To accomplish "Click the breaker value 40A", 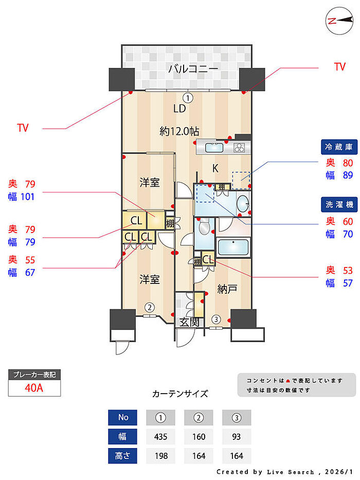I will pyautogui.click(x=34, y=388).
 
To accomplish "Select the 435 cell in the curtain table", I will pyautogui.click(x=160, y=437).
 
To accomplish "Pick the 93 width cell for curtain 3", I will pyautogui.click(x=236, y=437).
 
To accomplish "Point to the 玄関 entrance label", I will pyautogui.click(x=189, y=323).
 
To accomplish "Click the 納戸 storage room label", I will pyautogui.click(x=227, y=289).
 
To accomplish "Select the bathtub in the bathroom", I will pyautogui.click(x=233, y=247).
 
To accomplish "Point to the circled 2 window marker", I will pyautogui.click(x=149, y=308).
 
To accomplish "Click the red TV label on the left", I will pyautogui.click(x=23, y=128).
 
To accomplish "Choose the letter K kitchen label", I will pyautogui.click(x=217, y=168).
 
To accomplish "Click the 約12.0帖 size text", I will pyautogui.click(x=179, y=131).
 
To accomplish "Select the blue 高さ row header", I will pyautogui.click(x=122, y=455).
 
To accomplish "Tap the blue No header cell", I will pyautogui.click(x=122, y=417).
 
